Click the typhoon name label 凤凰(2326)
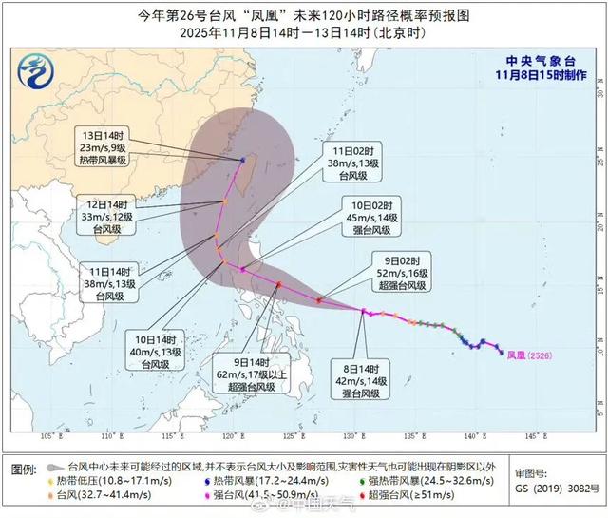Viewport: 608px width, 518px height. [x=529, y=354]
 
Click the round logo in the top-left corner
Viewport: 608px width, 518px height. [x=35, y=68]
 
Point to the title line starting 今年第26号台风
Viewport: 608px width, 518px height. [x=304, y=15]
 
